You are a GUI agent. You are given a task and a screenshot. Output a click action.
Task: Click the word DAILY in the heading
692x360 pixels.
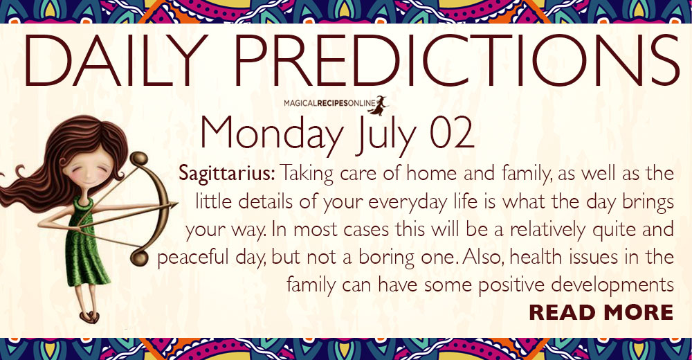click(116, 60)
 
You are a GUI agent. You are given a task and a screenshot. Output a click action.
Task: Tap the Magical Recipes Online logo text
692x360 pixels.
click(329, 103)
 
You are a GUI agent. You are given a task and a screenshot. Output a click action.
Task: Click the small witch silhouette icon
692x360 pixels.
click(379, 105)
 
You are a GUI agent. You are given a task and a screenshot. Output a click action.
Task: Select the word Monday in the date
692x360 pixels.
click(272, 134)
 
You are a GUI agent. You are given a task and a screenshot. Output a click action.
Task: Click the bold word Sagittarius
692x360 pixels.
click(227, 174)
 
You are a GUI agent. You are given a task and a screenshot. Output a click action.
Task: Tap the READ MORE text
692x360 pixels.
click(601, 312)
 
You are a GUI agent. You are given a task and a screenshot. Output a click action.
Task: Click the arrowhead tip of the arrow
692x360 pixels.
click(177, 204)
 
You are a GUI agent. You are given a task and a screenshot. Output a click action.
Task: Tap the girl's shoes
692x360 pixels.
click(89, 317)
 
